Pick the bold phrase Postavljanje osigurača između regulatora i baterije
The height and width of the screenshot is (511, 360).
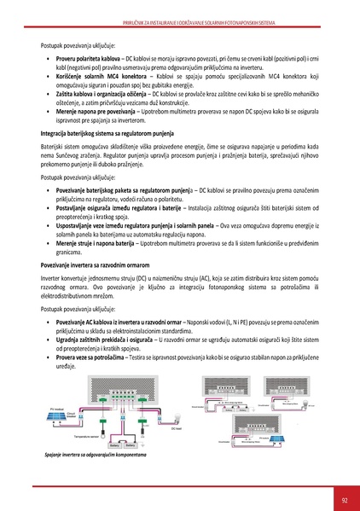(x=118, y=207)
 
